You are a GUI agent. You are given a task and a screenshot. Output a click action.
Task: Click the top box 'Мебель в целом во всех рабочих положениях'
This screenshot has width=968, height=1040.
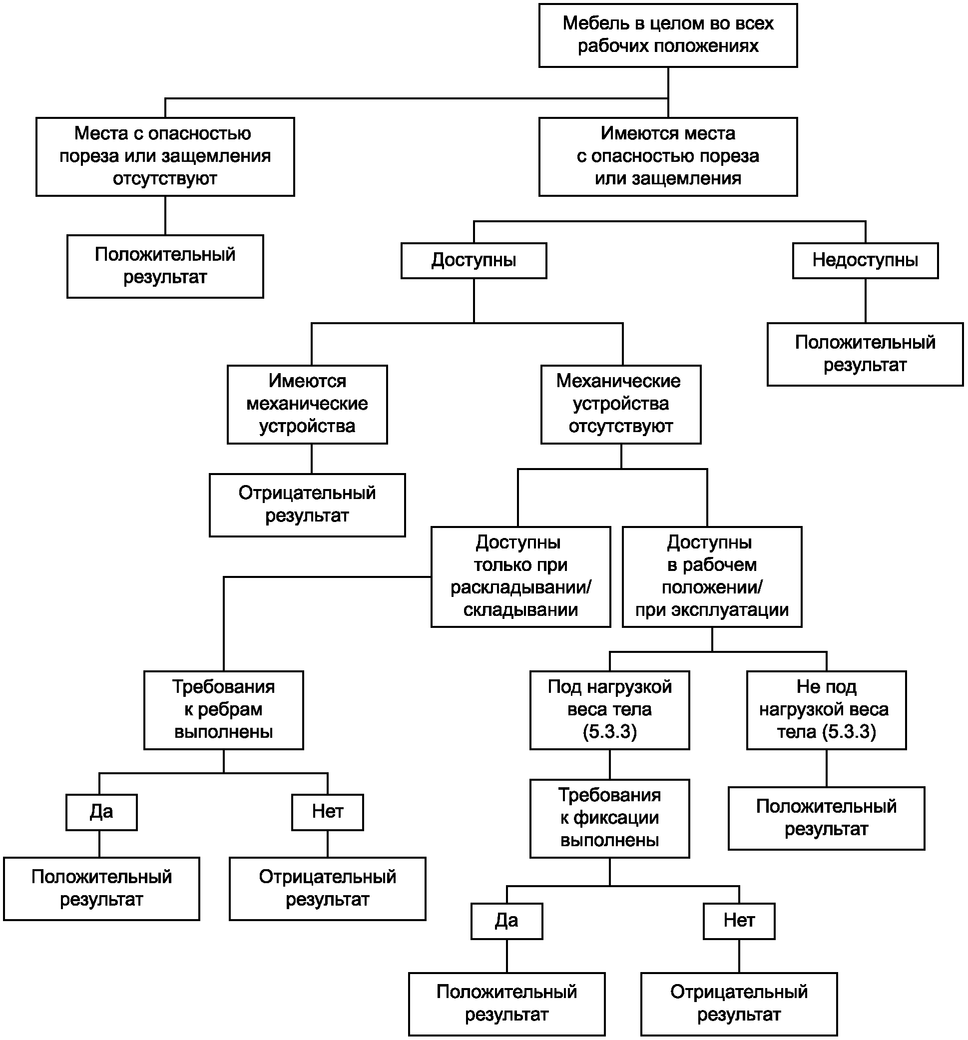tap(668, 35)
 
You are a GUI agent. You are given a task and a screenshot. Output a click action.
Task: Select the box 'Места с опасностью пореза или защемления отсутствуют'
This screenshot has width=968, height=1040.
tap(165, 156)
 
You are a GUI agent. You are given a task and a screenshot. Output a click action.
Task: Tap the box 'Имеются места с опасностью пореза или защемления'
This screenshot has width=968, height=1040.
tap(668, 156)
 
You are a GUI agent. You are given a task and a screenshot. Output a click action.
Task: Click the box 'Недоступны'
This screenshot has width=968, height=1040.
tap(865, 261)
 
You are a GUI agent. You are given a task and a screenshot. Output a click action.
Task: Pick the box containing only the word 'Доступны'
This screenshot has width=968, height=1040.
tap(474, 261)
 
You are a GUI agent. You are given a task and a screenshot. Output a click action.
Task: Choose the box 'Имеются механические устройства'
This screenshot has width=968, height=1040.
tap(308, 405)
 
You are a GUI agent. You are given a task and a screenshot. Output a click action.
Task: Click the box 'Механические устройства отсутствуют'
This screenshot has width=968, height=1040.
tap(621, 405)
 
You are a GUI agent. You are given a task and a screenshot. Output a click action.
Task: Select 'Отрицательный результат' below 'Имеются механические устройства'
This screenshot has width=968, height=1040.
tap(308, 505)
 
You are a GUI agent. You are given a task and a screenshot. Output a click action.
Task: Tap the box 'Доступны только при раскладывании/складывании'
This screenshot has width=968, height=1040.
tap(521, 576)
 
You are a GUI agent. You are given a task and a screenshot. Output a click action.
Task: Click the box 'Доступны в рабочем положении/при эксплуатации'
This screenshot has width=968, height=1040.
tap(712, 576)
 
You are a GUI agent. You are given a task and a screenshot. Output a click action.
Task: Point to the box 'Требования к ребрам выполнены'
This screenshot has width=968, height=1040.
tap(224, 710)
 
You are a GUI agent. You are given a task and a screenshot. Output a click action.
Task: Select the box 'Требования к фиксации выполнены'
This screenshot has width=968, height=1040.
tap(610, 818)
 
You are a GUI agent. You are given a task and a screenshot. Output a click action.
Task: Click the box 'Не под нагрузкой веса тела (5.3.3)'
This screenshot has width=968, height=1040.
tap(826, 710)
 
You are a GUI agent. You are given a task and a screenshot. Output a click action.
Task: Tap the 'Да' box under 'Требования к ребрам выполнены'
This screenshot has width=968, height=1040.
tap(101, 812)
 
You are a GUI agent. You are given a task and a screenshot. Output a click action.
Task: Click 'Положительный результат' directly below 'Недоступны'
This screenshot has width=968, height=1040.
tap(865, 354)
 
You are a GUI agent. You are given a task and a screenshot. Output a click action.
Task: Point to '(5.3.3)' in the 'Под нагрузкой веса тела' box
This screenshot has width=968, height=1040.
tap(610, 732)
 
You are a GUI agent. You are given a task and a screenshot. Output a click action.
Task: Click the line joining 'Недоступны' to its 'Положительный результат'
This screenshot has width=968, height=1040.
tap(866, 301)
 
